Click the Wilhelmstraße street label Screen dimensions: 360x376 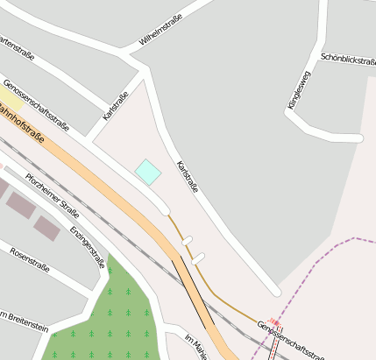(160, 31)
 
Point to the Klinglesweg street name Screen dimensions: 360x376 (298, 90)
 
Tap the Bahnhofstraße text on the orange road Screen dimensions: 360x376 (21, 121)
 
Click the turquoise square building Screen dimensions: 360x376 (148, 172)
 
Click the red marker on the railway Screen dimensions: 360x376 (274, 322)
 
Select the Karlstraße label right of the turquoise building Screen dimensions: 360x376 (188, 177)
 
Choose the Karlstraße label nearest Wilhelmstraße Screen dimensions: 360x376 (116, 106)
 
